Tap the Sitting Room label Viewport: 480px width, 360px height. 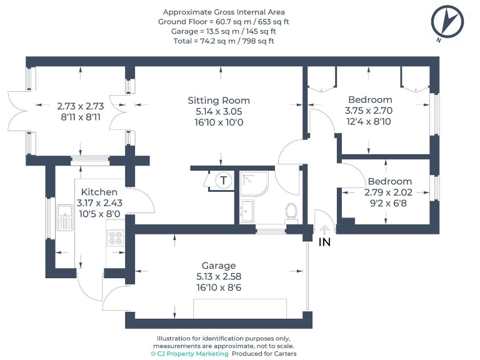click(219, 100)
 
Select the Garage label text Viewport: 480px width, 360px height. click(218, 265)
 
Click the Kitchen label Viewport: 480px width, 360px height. click(99, 192)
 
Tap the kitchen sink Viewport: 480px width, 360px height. click(64, 218)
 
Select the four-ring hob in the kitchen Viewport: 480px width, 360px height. click(116, 238)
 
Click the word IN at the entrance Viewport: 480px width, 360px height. click(324, 242)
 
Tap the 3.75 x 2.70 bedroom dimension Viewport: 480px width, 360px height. click(370, 111)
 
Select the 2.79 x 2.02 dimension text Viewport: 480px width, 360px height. click(389, 192)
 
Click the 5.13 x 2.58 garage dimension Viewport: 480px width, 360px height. click(218, 276)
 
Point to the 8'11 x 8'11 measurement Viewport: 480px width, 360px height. click(81, 117)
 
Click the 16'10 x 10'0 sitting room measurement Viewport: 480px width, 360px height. click(219, 122)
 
